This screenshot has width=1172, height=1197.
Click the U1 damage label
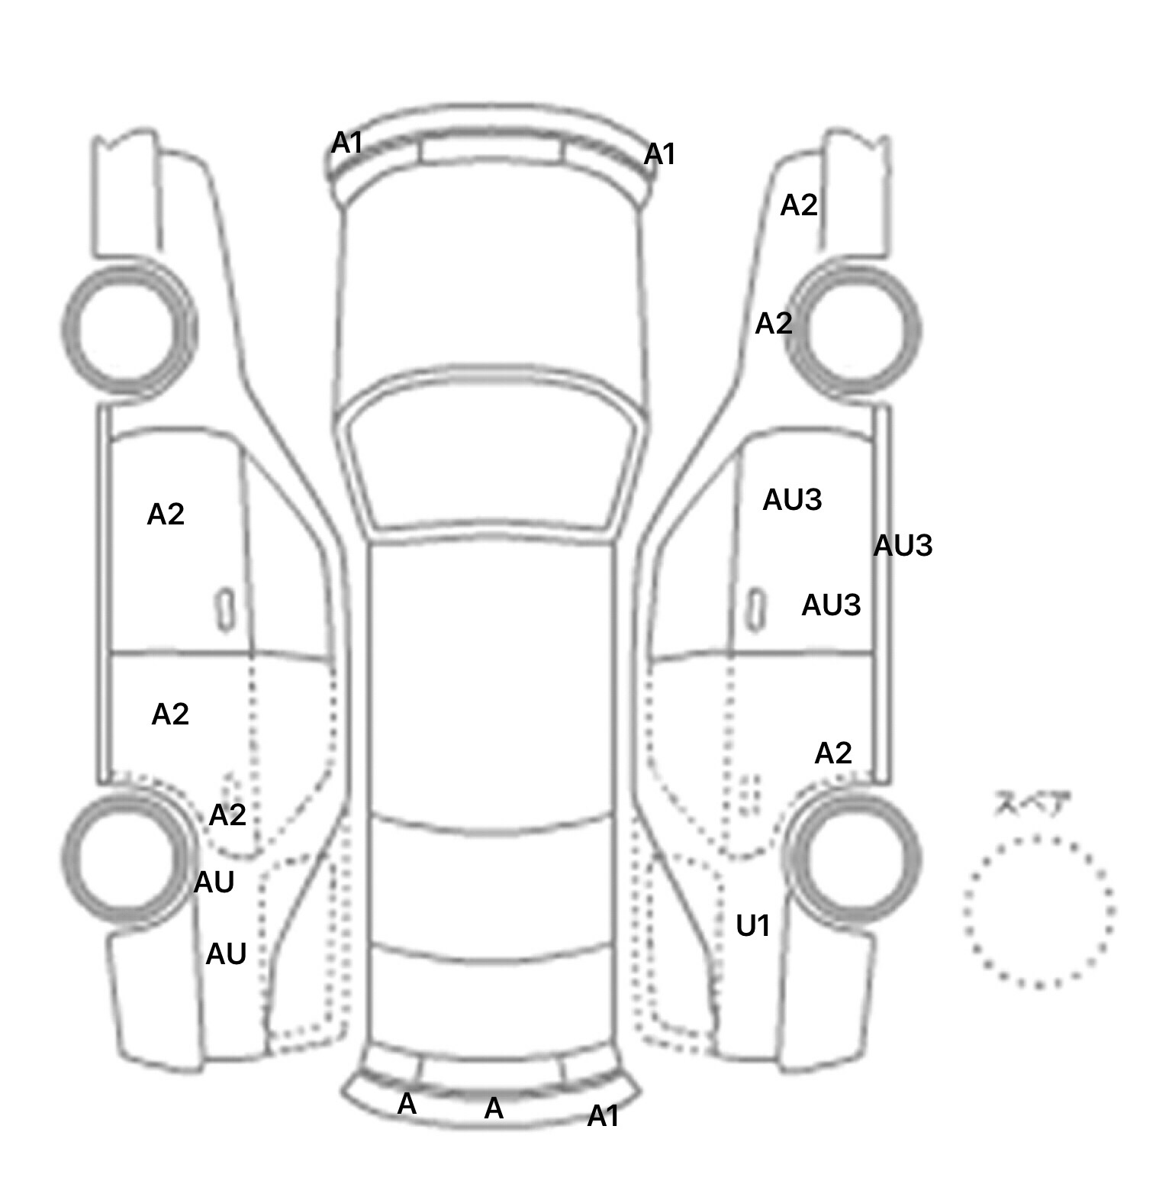tap(752, 926)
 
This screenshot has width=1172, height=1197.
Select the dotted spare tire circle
tap(1038, 911)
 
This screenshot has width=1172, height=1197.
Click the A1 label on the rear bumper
tap(603, 1117)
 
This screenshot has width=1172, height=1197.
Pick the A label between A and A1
tap(494, 1108)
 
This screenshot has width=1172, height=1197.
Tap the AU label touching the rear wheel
tap(214, 882)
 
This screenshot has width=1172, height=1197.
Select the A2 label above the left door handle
tap(166, 515)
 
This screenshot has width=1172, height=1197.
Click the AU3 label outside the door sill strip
tap(903, 546)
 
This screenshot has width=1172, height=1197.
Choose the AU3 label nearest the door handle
tap(831, 605)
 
